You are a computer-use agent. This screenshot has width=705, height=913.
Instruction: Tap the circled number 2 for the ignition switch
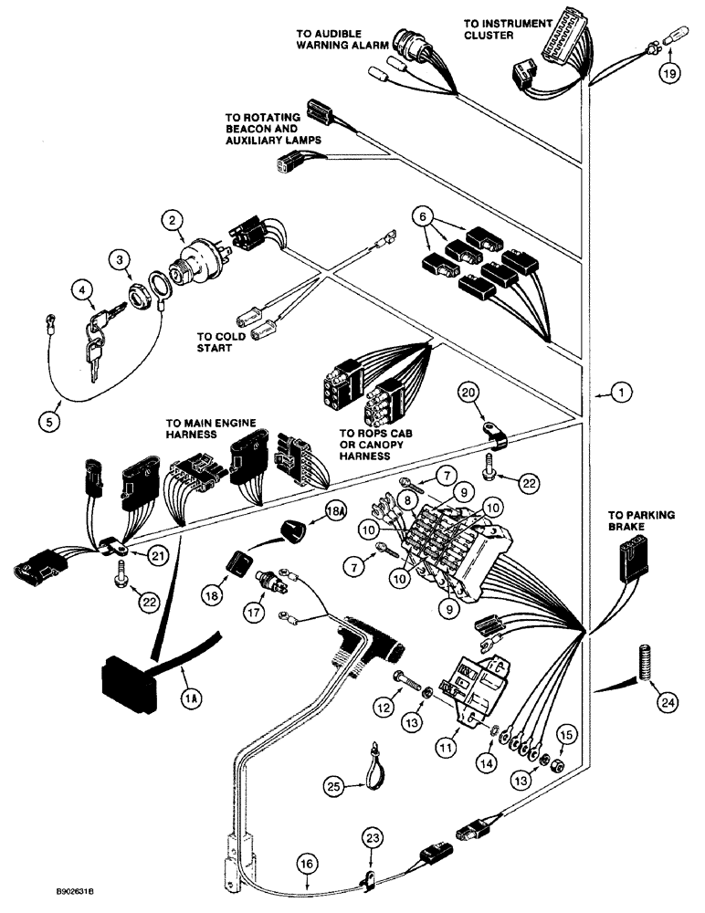170,219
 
